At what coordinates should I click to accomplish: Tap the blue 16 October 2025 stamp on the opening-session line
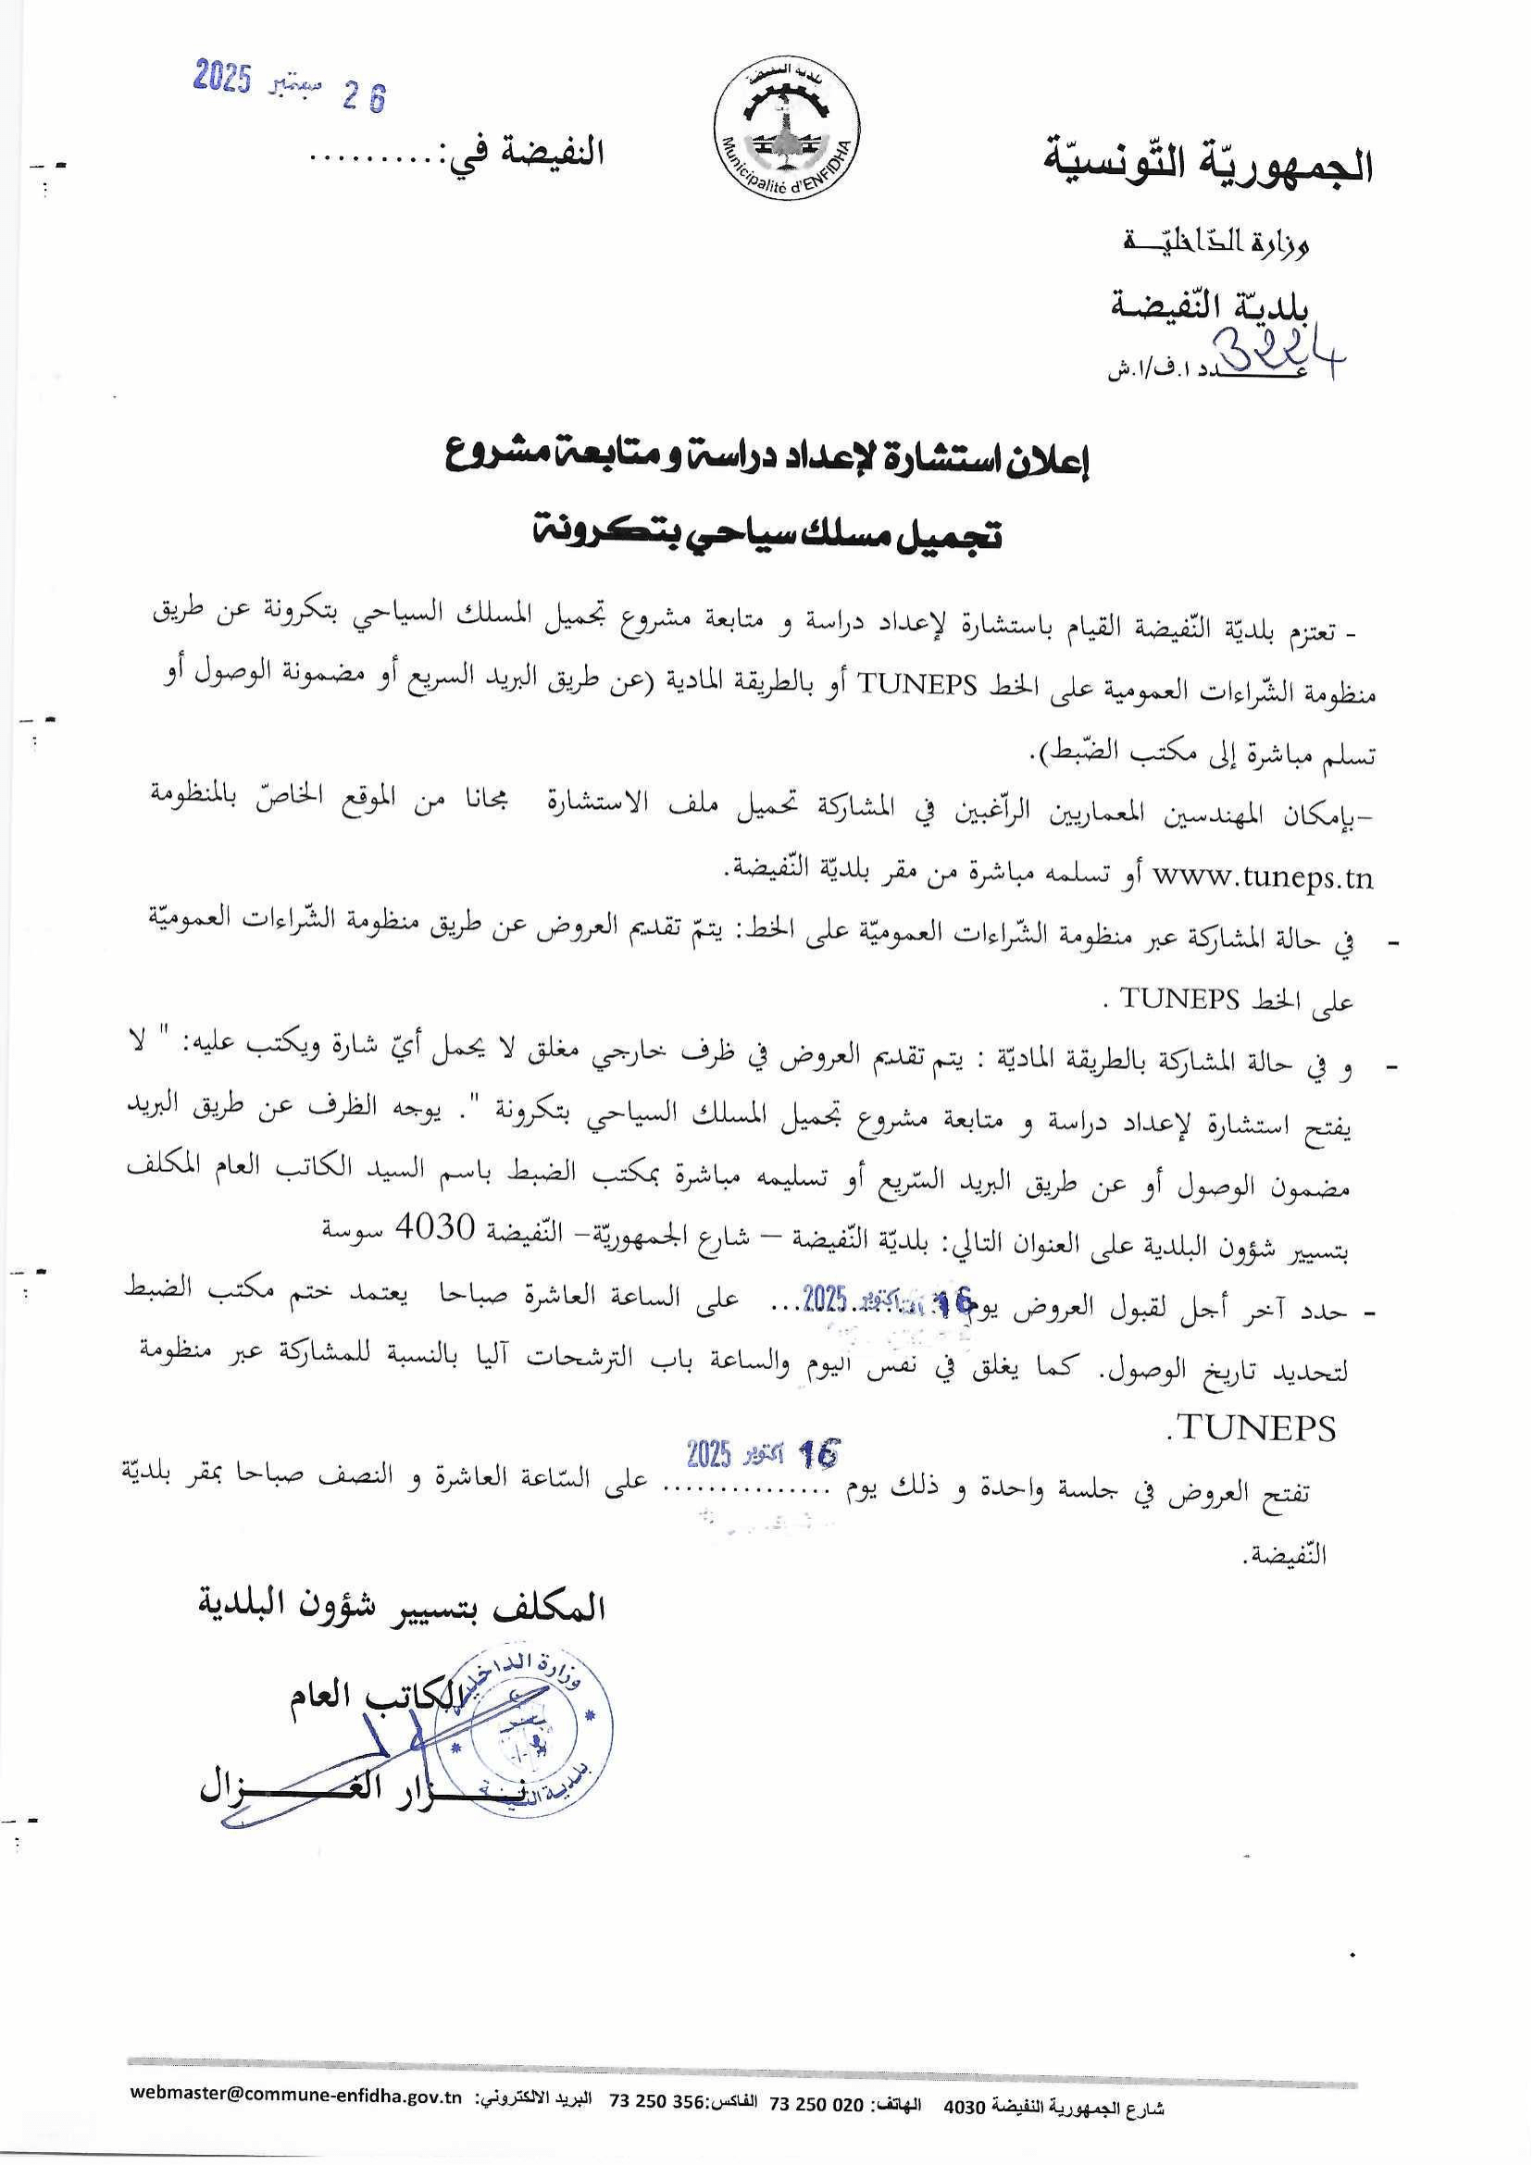[762, 1455]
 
